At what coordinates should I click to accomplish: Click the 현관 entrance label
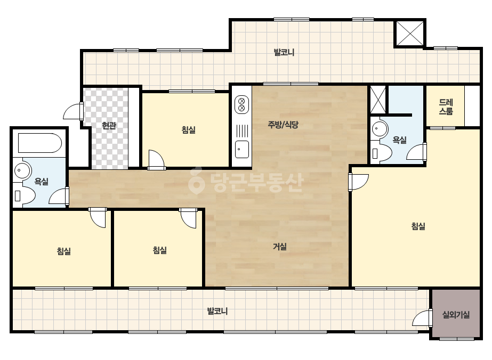point(109,126)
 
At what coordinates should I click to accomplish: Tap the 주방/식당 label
point(283,125)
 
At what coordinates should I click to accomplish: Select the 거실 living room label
point(279,247)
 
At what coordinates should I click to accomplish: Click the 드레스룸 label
point(446,107)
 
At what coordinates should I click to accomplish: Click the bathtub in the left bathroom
point(40,143)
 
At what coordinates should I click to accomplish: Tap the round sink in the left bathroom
point(22,170)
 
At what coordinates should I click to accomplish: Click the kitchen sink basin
point(241,149)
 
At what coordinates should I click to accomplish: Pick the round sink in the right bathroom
point(380,128)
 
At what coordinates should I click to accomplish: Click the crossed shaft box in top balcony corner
point(409,33)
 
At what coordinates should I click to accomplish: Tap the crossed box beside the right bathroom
point(378,100)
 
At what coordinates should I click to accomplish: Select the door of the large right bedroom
point(358,182)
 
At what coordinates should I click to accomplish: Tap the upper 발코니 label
point(284,52)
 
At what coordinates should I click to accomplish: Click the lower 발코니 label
point(217,311)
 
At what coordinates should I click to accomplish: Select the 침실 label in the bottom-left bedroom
point(63,251)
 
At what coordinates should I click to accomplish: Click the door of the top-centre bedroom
point(156,160)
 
